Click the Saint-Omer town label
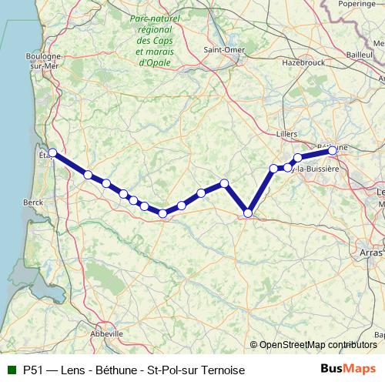pyautogui.click(x=223, y=50)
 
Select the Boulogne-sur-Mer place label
pyautogui.click(x=44, y=61)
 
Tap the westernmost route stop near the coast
pyautogui.click(x=52, y=152)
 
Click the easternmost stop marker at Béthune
pyautogui.click(x=333, y=151)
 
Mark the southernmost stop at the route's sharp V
pyautogui.click(x=248, y=213)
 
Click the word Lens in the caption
pyautogui.click(x=79, y=370)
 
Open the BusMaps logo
pyautogui.click(x=348, y=369)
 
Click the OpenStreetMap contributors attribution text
pyautogui.click(x=317, y=344)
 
